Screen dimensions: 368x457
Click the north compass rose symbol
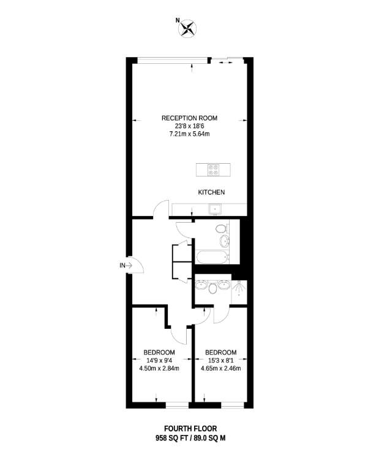click(x=187, y=28)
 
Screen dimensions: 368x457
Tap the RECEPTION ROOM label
click(x=189, y=118)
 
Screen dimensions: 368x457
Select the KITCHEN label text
click(x=211, y=192)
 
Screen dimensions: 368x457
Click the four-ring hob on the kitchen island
click(x=214, y=170)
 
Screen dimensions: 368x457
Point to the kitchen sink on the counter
click(x=215, y=209)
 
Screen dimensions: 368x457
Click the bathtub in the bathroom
click(x=212, y=258)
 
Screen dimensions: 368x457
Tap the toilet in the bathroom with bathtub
click(x=222, y=228)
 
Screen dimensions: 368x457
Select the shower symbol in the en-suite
click(x=239, y=288)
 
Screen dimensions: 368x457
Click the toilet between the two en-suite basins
click(x=212, y=288)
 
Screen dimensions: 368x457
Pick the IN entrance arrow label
click(x=126, y=266)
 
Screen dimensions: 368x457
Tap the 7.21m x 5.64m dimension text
click(x=189, y=134)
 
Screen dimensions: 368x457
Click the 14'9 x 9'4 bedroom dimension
click(x=159, y=361)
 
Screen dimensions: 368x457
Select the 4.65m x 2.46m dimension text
click(x=221, y=369)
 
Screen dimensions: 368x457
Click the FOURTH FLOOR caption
click(x=190, y=429)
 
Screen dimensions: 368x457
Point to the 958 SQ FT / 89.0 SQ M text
click(x=190, y=438)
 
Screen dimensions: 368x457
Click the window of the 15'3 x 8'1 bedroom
click(x=232, y=405)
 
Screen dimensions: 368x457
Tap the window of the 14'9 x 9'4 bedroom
click(x=177, y=405)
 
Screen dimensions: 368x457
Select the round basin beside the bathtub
click(x=225, y=241)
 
